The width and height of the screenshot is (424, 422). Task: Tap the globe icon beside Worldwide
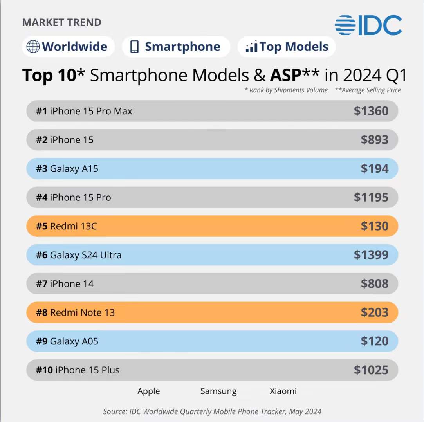33,47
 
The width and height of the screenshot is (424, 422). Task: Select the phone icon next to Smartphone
135,47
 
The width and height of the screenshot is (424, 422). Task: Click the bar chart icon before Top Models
251,47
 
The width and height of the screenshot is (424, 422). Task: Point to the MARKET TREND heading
62,22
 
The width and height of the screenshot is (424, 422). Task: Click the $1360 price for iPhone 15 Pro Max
371,111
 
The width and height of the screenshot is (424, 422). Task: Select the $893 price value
374,140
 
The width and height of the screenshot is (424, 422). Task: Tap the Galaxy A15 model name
74,169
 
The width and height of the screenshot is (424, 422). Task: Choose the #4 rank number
41,197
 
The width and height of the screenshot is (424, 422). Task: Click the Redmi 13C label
73,226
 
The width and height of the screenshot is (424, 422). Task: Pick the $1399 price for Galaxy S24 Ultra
371,255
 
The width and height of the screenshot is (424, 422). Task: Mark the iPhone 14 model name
72,284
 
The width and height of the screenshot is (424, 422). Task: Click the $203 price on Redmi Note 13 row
374,312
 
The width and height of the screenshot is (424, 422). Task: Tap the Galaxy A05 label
74,341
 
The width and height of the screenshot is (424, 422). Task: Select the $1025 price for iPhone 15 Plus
371,370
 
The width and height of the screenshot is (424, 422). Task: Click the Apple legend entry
148,391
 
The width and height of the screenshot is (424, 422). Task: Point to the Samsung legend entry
218,391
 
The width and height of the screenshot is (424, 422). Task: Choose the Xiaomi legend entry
283,391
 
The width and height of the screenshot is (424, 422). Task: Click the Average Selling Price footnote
368,90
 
